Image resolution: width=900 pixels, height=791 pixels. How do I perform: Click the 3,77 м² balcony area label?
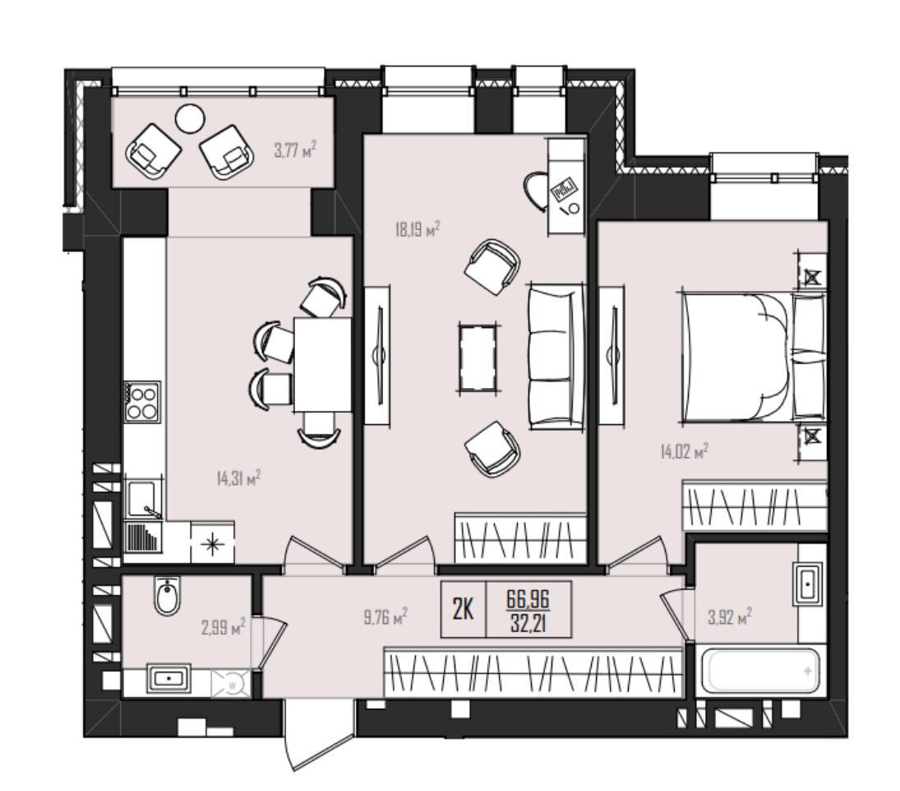coord(295,151)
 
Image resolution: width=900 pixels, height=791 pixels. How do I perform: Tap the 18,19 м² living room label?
coord(418,230)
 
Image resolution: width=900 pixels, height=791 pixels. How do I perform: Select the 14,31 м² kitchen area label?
coord(239,478)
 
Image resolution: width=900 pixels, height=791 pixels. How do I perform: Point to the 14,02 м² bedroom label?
coord(684,451)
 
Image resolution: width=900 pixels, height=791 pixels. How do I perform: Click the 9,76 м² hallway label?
coord(385,617)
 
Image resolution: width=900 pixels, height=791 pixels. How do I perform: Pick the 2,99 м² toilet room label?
coord(224,627)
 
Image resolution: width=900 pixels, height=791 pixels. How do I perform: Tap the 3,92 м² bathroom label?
coord(730,618)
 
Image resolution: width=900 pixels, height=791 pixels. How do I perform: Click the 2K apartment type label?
coord(463,609)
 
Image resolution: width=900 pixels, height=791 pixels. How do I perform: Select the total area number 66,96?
coord(528,600)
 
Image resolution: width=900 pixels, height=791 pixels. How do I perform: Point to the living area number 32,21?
coord(528,622)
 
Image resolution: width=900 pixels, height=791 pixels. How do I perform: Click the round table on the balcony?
coord(189,119)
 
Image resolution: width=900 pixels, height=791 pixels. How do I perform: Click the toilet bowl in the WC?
coord(168,596)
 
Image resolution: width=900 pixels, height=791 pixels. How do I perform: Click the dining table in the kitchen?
coord(322,364)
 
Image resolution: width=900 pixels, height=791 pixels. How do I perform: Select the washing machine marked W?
coord(233,684)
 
